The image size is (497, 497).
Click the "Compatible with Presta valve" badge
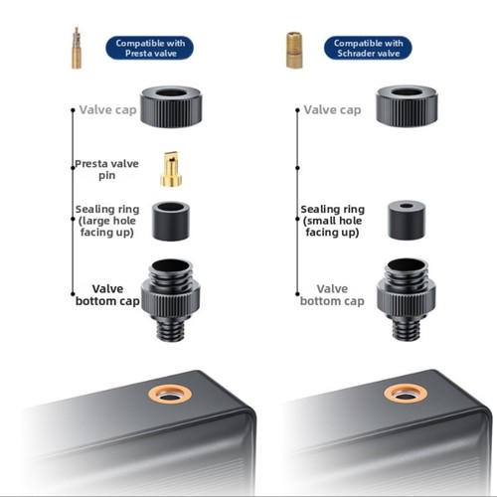[x=149, y=48]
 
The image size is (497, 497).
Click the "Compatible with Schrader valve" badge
[x=368, y=48]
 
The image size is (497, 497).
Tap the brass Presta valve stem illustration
[x=77, y=48]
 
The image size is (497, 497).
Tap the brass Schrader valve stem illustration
[x=294, y=50]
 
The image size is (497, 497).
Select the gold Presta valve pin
[x=171, y=169]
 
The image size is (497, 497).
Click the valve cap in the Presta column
[x=171, y=107]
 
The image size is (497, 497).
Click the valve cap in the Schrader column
[x=407, y=106]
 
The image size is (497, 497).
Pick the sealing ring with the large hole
[x=171, y=221]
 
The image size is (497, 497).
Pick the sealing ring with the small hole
[x=407, y=220]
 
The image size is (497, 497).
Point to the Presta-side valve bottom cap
[x=170, y=300]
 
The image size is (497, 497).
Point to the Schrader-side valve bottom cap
[x=407, y=299]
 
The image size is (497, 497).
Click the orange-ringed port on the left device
[x=170, y=395]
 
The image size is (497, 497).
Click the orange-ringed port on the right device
[x=406, y=394]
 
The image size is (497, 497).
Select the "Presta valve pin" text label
[x=106, y=169]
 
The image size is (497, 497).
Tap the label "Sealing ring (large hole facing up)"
[x=107, y=221]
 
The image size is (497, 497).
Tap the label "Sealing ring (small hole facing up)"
[x=332, y=221]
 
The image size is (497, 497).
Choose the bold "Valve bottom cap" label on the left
[x=107, y=295]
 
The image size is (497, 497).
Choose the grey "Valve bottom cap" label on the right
[x=332, y=295]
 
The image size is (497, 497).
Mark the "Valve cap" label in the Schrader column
[x=332, y=110]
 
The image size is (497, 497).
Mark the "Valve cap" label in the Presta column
[x=107, y=110]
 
